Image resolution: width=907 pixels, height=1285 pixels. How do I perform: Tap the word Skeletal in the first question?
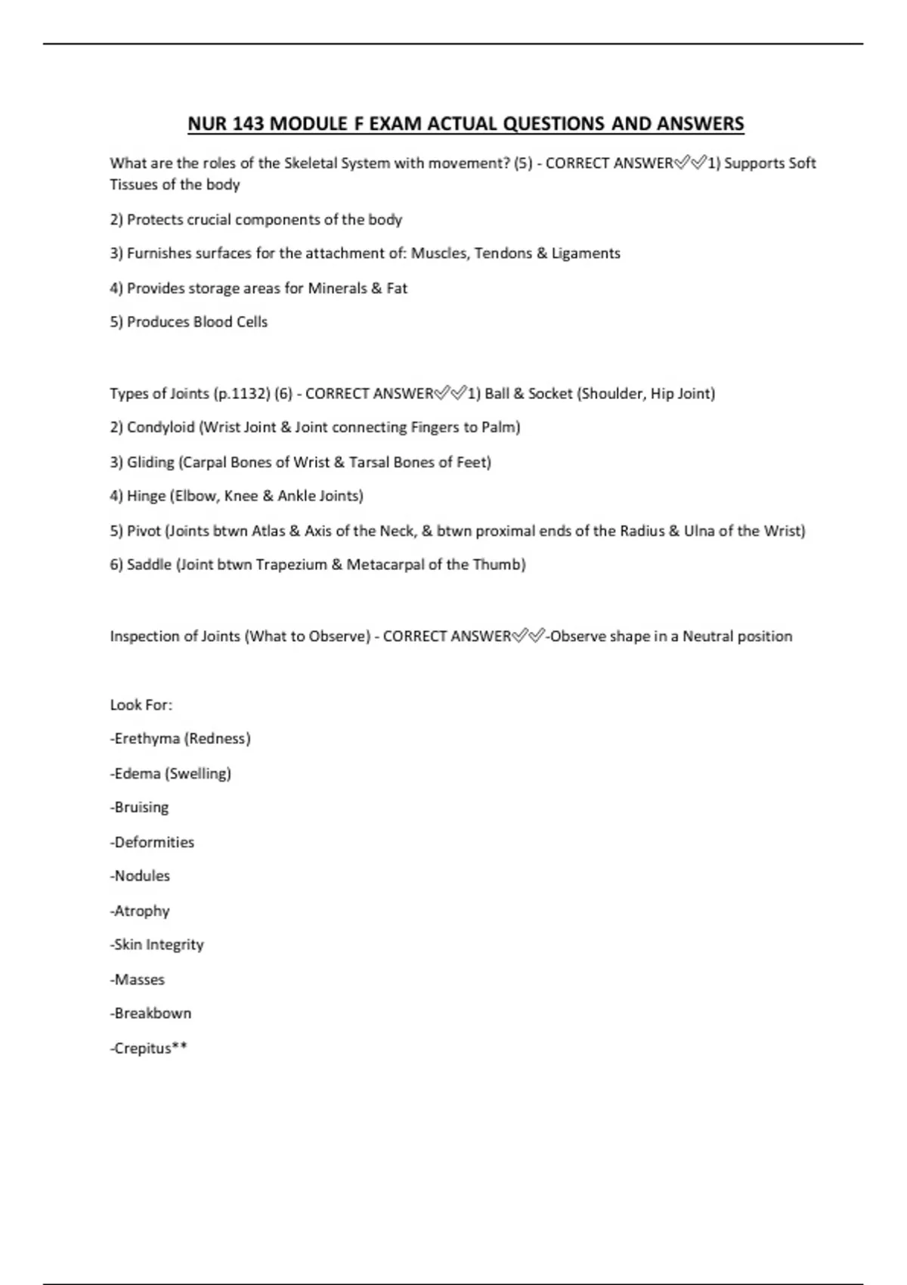pos(311,163)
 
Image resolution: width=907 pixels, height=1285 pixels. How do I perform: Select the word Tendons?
pos(503,253)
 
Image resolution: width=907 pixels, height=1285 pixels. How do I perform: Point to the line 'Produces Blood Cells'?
pos(189,322)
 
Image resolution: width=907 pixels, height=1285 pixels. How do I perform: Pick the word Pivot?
pos(144,531)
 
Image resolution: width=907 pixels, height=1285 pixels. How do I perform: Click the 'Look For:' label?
pos(141,705)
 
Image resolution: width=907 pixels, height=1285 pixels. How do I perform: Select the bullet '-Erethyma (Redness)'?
pos(181,738)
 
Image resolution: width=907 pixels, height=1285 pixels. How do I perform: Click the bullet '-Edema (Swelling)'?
pos(171,773)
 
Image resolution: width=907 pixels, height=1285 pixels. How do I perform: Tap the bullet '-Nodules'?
pos(141,876)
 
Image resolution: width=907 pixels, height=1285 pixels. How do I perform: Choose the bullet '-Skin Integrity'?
pos(157,945)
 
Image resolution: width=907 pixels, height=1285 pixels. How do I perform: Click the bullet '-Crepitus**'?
pos(149,1048)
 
